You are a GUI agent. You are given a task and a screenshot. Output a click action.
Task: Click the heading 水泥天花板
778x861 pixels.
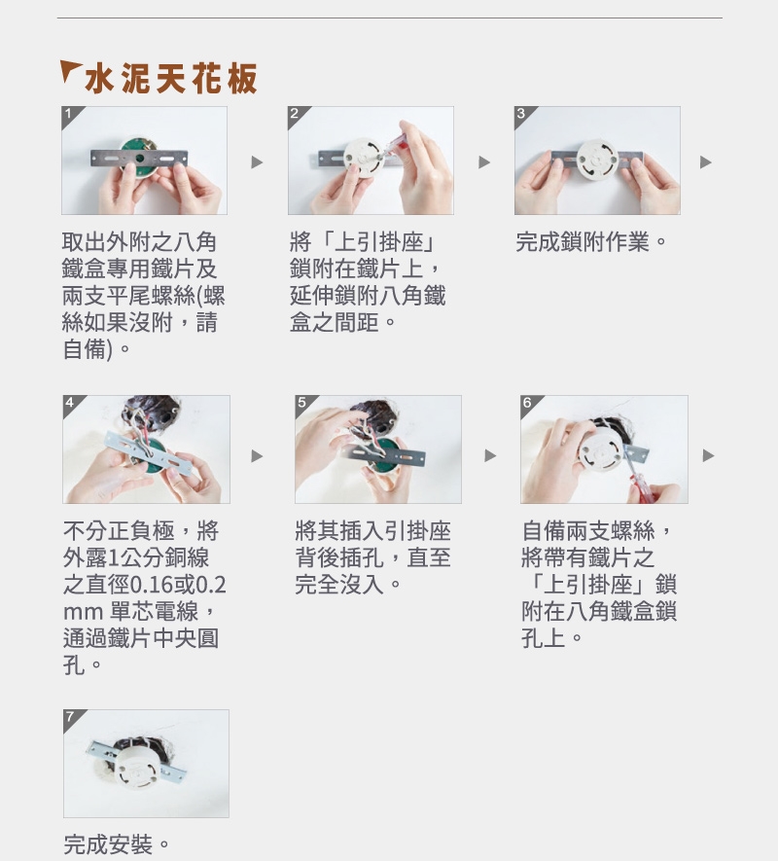[x=171, y=79]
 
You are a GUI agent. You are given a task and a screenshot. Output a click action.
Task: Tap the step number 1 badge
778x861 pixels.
[x=69, y=114]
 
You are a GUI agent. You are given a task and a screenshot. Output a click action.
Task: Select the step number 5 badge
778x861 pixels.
[x=302, y=403]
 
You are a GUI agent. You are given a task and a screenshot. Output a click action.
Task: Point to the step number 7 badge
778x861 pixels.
[x=71, y=717]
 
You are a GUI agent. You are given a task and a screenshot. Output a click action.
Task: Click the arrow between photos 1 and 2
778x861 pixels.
[x=257, y=162]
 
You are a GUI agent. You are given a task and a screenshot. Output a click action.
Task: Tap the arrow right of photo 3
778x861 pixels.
[x=705, y=162]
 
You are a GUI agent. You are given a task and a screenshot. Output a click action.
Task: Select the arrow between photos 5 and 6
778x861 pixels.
[x=490, y=455]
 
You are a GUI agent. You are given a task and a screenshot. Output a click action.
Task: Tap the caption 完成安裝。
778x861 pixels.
[x=117, y=844]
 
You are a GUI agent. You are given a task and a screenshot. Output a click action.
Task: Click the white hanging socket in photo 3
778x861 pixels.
[x=597, y=159]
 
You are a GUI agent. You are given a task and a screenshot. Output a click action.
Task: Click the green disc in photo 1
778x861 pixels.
[x=139, y=156]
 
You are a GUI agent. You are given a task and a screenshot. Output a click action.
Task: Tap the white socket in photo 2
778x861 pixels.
[x=365, y=157]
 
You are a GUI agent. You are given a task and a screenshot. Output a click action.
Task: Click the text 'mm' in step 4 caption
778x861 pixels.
[x=84, y=612]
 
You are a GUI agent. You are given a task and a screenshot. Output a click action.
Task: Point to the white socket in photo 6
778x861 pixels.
[x=600, y=453]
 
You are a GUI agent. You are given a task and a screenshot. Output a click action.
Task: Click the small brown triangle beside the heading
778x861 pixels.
[x=69, y=69]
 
